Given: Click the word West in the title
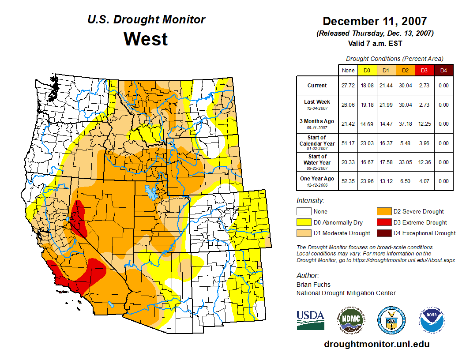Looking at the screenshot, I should (x=146, y=39).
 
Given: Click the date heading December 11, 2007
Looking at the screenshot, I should (x=375, y=21).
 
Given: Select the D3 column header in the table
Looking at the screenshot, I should (x=423, y=71).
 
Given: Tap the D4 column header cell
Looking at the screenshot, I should (x=443, y=71).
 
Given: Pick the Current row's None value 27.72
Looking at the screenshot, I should (x=348, y=86).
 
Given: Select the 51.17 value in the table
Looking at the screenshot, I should (x=348, y=143).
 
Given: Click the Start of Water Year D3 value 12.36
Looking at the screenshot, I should (x=423, y=162).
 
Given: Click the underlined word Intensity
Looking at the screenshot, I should (x=310, y=201).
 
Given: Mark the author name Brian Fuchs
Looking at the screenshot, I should (x=313, y=285).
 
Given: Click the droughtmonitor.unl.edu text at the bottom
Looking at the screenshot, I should (x=376, y=344).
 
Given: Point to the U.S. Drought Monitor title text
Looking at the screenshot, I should (x=146, y=20).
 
